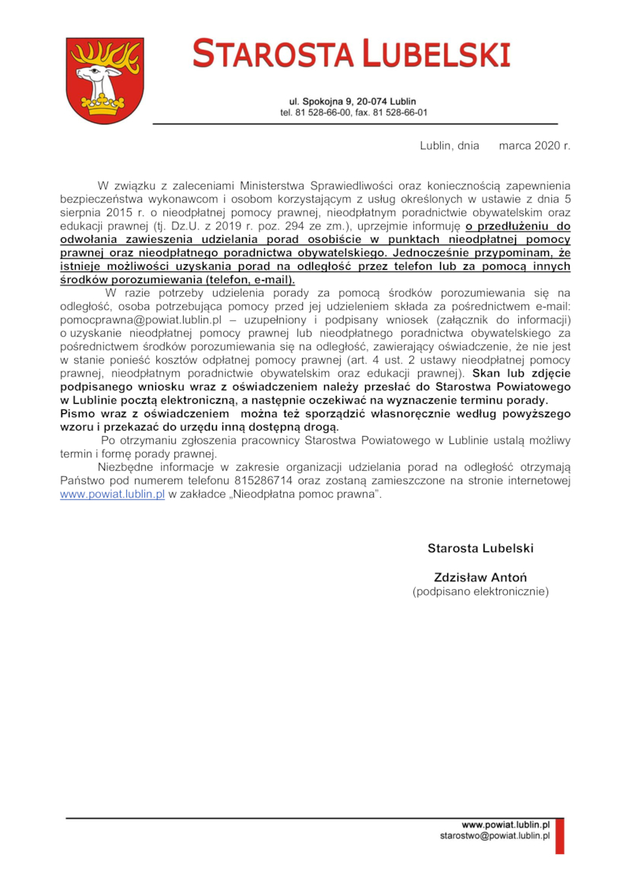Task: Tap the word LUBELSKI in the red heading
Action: (x=436, y=54)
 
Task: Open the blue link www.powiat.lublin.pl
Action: (x=112, y=495)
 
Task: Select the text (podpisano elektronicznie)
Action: (x=480, y=591)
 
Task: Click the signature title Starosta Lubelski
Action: (x=480, y=548)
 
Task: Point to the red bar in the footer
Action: (x=559, y=837)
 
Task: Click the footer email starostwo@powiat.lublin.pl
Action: (x=495, y=836)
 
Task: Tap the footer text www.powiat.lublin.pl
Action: (x=506, y=825)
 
